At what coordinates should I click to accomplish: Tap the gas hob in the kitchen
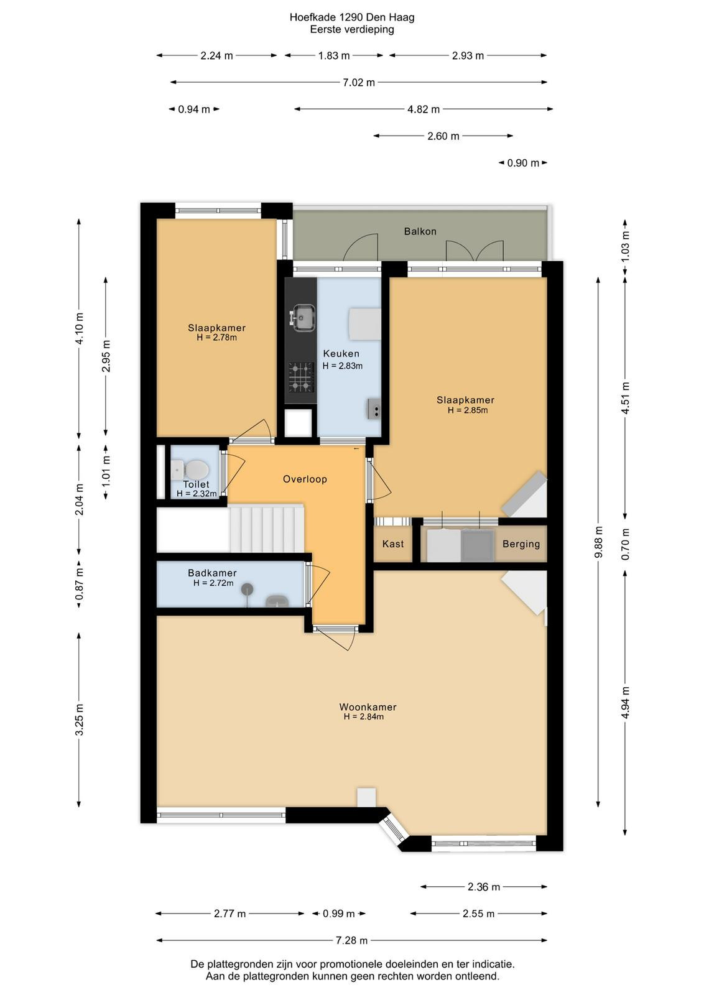coord(301,377)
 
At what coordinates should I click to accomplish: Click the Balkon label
coord(420,231)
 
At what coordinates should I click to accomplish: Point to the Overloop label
coord(305,479)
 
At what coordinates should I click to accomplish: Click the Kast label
coord(393,544)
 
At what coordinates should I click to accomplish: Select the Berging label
coord(521,544)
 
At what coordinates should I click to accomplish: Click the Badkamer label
coord(212,573)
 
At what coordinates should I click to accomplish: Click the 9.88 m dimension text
coord(599,542)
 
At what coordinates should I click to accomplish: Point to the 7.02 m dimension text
coord(358,82)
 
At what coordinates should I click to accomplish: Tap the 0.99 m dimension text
coord(338,914)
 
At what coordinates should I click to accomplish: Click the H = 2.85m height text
coord(467,410)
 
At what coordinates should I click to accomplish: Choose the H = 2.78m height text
coord(217,338)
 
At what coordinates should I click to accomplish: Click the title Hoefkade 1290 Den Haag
coord(352,17)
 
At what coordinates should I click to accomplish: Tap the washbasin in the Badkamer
coord(277,601)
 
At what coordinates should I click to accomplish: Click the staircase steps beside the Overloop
coord(267,528)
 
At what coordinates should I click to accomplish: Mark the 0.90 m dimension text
coord(523,163)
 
